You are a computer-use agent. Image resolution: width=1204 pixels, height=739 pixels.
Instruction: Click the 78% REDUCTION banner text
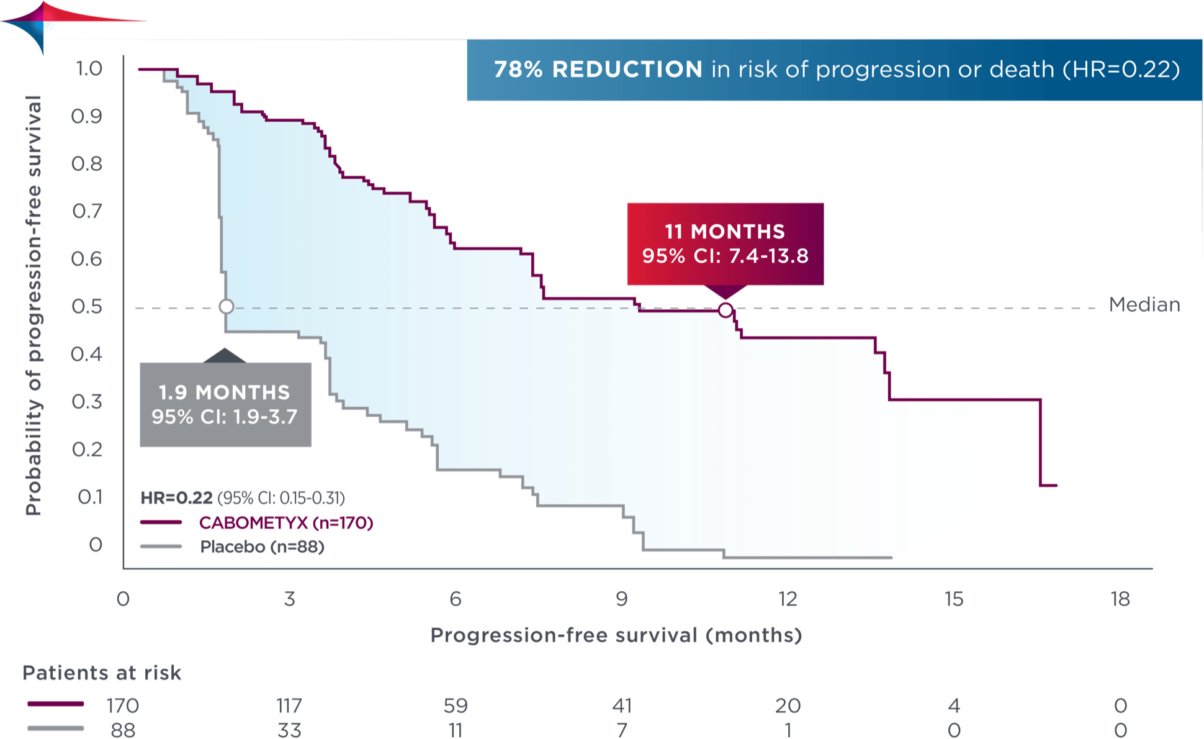point(836,70)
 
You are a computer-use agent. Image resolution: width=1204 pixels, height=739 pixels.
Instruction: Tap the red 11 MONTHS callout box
point(725,243)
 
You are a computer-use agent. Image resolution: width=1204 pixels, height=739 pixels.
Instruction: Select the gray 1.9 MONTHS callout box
point(225,404)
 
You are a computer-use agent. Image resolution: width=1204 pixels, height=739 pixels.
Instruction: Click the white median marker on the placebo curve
point(227,306)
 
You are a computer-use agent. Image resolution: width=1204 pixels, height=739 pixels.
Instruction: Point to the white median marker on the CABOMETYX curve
point(725,310)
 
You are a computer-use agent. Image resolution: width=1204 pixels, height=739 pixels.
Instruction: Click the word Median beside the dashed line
point(1144,305)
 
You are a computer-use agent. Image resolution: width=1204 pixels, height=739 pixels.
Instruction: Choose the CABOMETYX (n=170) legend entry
point(286,523)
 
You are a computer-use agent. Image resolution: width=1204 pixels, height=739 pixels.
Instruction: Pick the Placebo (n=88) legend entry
point(262,547)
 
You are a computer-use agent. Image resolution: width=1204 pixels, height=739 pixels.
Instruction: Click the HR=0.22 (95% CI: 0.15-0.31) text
point(243,498)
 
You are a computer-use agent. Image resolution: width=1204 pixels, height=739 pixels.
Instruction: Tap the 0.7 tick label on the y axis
point(87,212)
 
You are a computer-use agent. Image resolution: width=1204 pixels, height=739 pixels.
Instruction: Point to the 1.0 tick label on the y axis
point(89,69)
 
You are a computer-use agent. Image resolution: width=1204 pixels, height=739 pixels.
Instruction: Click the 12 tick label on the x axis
point(788,599)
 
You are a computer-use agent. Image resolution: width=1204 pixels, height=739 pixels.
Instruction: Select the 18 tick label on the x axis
point(1120,599)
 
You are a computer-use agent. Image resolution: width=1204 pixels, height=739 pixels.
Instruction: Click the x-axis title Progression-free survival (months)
point(616,635)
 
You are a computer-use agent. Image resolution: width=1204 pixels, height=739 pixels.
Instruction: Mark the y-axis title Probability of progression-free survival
point(34,305)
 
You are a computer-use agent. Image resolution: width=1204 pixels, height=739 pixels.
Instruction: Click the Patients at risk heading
point(102,673)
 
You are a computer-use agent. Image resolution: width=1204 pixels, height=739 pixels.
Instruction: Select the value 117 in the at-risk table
point(289,706)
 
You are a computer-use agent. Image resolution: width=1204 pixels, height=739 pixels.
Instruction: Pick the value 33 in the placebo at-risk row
point(289,730)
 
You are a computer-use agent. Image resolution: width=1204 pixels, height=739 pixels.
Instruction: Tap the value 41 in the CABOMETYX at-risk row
point(621,706)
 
